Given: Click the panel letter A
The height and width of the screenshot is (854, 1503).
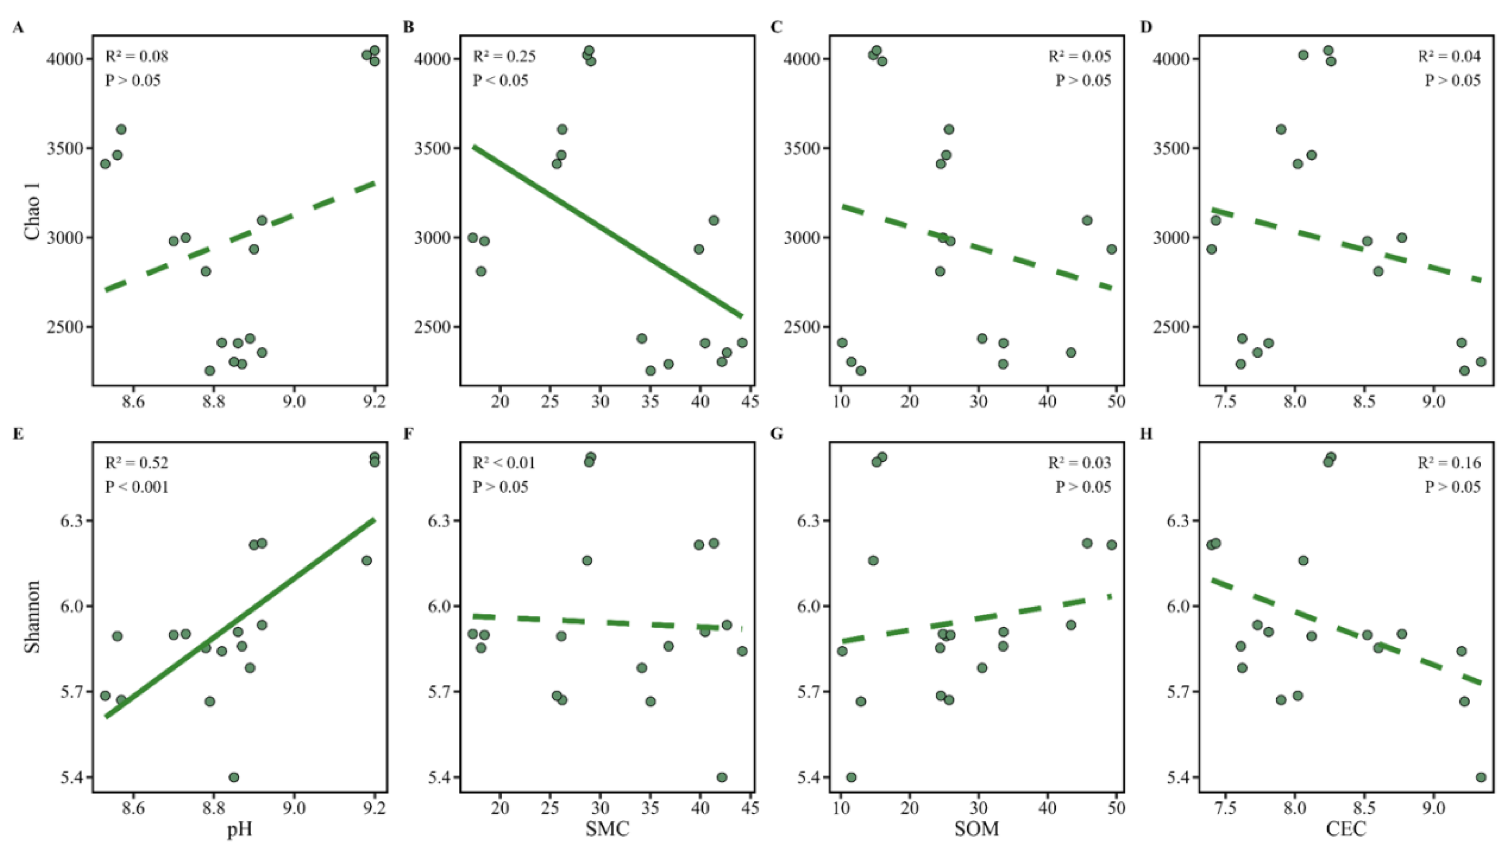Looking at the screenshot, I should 19,28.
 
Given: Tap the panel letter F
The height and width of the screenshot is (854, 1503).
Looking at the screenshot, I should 409,434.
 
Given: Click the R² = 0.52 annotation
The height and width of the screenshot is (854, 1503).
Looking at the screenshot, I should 137,463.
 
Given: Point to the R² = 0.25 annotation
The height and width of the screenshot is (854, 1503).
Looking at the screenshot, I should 504,56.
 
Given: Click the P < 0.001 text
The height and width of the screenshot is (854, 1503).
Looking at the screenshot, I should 137,487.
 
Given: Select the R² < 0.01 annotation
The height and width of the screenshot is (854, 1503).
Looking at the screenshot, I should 504,463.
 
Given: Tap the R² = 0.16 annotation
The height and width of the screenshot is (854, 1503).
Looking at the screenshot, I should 1449,463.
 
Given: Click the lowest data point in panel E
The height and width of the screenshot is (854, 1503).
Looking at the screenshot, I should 233,777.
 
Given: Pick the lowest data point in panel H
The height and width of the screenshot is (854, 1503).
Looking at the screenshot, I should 1481,777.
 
